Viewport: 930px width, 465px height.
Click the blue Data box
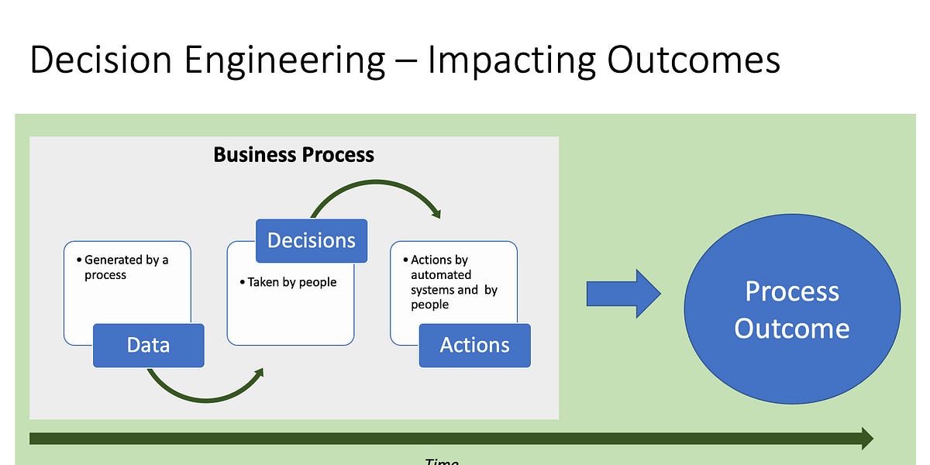148,345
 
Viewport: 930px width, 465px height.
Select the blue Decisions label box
311,240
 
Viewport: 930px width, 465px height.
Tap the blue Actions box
474,345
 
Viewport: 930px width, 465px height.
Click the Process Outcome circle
791,310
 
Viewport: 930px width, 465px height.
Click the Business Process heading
294,155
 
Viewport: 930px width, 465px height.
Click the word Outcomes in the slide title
693,60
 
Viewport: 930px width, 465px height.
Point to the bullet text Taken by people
292,283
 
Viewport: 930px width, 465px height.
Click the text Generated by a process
126,267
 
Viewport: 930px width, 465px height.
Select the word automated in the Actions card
441,275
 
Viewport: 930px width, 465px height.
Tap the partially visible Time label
442,461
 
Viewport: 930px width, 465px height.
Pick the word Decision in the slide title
96,60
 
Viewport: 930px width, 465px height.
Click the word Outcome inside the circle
791,328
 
